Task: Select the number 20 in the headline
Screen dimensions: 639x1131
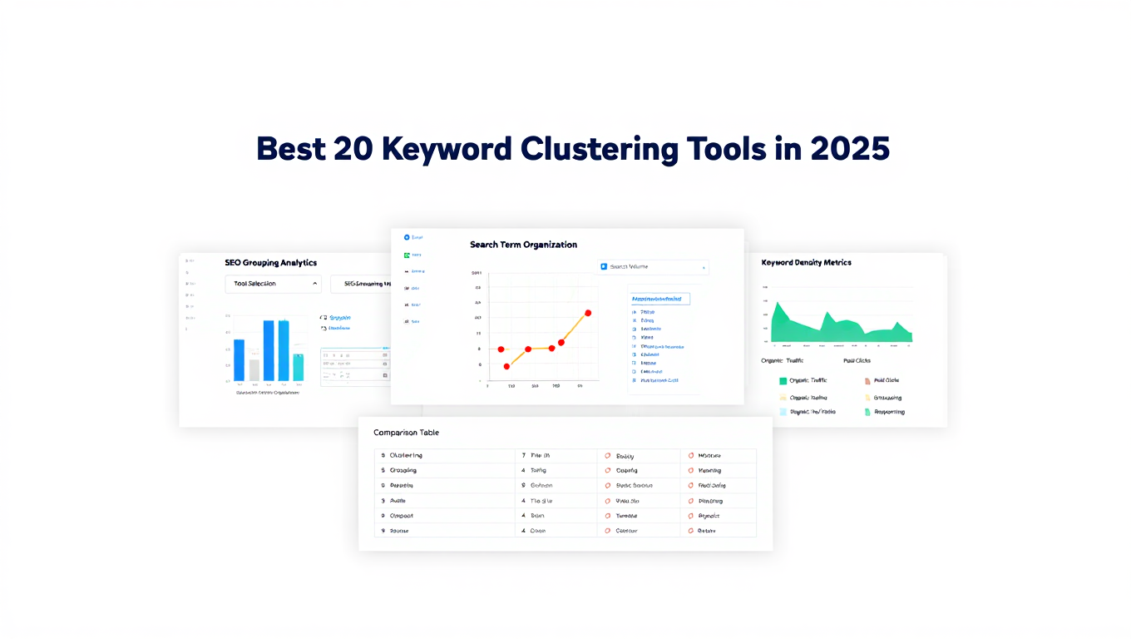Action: coord(353,148)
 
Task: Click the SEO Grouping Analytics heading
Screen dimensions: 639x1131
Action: coord(270,263)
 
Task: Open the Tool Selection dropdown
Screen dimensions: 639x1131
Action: coord(273,284)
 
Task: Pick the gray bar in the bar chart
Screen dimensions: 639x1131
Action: coord(254,369)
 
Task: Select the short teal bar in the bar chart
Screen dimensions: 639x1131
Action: coord(299,367)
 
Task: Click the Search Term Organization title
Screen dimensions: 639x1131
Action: coord(523,245)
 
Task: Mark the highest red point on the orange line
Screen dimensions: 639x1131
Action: coord(588,313)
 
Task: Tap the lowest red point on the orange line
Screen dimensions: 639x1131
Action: coord(506,366)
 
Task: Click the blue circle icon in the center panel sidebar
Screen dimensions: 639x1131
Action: coord(407,237)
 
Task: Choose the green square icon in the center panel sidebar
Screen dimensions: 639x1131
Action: coord(407,255)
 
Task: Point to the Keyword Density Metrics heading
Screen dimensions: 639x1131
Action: coord(806,263)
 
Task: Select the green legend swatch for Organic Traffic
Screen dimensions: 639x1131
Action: coord(783,380)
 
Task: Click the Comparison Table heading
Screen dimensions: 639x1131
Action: coord(406,433)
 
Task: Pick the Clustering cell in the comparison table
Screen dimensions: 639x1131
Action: coord(406,456)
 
